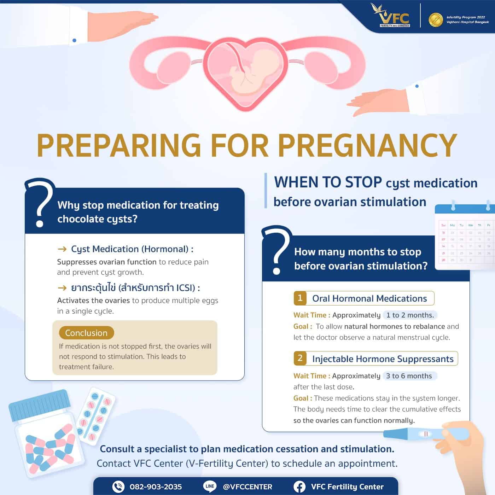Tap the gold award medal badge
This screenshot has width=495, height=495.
(435, 20)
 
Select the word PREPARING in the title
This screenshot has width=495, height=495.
(119, 145)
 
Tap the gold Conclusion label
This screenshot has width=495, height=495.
(86, 333)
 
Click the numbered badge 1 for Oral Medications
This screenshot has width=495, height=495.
(300, 298)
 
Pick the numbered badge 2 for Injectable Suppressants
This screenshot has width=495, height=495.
(300, 358)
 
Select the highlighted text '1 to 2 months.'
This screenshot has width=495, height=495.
(410, 315)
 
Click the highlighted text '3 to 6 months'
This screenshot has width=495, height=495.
(409, 376)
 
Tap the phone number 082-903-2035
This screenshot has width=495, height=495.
(156, 487)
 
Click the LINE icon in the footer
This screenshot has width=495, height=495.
(210, 486)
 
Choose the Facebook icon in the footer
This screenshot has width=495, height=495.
(299, 487)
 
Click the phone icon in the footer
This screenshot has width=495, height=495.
(118, 487)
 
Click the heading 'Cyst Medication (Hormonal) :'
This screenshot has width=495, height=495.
(132, 249)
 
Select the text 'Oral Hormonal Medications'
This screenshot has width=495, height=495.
(369, 298)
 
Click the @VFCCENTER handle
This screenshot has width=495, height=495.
(248, 487)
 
